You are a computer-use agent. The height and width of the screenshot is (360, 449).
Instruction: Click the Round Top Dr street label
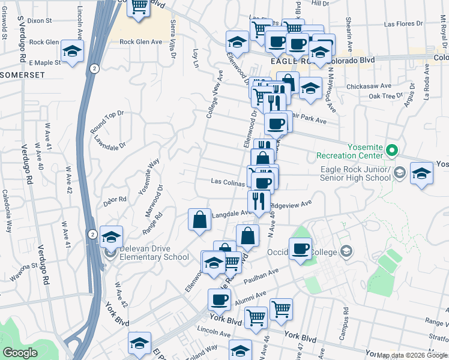[107, 122]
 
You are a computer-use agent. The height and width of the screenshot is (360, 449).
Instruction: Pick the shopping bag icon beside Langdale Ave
[199, 219]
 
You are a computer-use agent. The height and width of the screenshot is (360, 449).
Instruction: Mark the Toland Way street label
[203, 349]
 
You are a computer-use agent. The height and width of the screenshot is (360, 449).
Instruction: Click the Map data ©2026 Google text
[411, 355]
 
